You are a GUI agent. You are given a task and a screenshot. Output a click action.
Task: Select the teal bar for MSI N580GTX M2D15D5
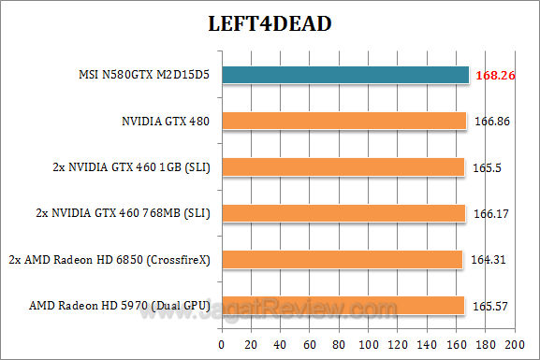click(344, 74)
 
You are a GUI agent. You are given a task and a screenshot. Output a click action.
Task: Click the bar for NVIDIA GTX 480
click(343, 121)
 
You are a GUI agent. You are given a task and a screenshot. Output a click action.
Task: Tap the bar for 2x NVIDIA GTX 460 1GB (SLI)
click(343, 166)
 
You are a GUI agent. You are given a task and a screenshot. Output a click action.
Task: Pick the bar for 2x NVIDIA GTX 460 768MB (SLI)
click(343, 213)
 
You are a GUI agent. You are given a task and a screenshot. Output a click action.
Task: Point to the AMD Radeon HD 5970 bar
click(343, 305)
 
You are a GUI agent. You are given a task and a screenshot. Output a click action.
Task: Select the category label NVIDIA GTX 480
click(167, 121)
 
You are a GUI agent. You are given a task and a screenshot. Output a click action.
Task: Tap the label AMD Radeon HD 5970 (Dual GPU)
click(122, 305)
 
